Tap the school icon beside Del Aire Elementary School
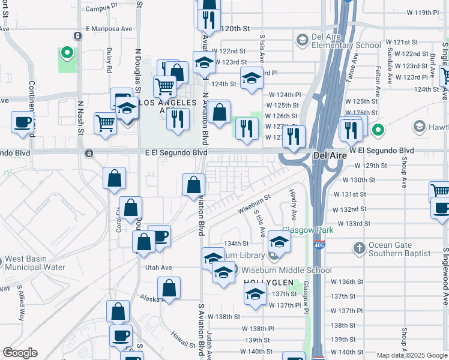coord(302,41)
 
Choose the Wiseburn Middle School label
coord(294,270)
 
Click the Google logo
coord(20,353)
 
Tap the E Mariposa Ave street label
coord(109,28)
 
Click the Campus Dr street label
coord(101,8)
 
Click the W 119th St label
coord(423,12)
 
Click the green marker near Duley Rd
coord(68,53)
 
